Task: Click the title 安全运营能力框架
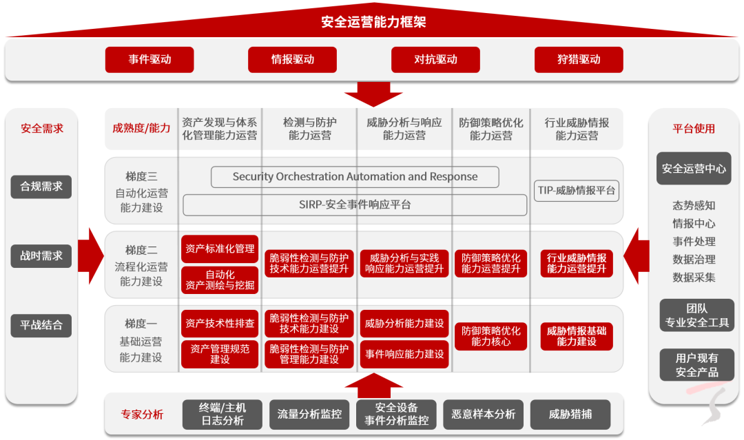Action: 373,22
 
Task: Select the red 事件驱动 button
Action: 149,60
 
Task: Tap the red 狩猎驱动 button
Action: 579,60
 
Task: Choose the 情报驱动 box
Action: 293,60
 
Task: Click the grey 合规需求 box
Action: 41,187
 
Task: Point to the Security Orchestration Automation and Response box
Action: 355,177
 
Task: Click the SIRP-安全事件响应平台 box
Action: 355,205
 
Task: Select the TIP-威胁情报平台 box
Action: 577,191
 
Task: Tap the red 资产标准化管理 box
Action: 220,249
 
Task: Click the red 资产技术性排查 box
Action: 220,323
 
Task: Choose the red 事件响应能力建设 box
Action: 404,355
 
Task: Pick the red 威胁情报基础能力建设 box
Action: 577,336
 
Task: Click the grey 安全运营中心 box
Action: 694,169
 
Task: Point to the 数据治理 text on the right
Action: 694,260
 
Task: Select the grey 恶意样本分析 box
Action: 483,415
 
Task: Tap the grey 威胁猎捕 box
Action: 570,415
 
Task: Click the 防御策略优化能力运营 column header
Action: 490,129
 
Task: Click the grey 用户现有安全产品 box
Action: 696,365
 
